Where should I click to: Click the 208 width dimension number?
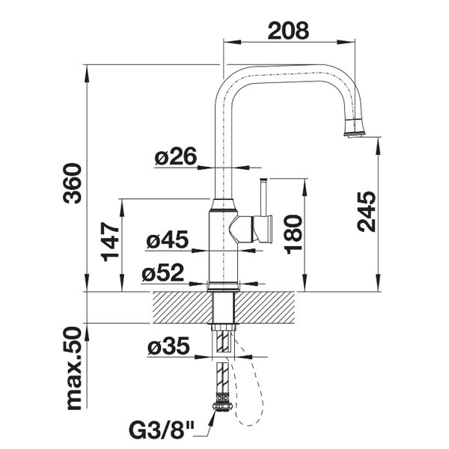288,31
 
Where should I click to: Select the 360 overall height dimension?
72,183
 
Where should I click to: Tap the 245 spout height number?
367,211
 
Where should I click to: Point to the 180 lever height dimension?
294,234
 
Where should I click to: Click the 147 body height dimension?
110,242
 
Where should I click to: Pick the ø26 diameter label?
176,156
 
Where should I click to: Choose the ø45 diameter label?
168,239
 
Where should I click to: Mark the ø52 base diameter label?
162,272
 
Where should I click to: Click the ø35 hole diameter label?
168,345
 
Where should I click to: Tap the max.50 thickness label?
73,369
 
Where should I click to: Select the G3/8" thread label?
162,430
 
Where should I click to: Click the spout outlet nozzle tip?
355,135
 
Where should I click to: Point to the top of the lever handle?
263,180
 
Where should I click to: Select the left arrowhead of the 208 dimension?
232,42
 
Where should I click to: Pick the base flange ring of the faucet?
223,287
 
